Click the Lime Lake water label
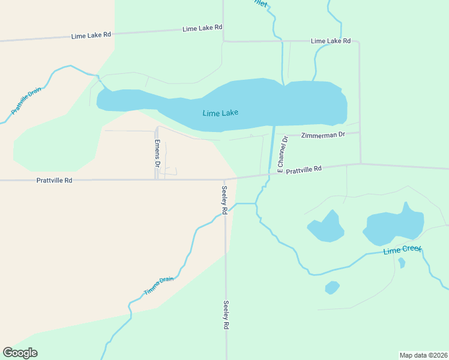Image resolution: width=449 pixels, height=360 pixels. [x=220, y=113]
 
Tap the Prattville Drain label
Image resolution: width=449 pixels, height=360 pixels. [x=26, y=102]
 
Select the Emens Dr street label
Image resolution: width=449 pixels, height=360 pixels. [x=157, y=153]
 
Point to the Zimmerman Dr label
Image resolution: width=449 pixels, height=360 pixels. [x=323, y=135]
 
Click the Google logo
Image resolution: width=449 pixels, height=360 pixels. [x=20, y=353]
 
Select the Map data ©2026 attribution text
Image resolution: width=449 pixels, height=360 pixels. [x=423, y=355]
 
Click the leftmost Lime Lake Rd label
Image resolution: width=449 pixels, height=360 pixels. [x=91, y=35]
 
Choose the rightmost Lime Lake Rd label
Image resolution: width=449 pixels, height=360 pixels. [x=330, y=41]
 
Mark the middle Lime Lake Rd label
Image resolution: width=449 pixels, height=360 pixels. [x=202, y=28]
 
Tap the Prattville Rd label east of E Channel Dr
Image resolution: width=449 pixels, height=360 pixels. [x=304, y=170]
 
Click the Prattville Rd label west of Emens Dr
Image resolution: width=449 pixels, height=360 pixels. [x=54, y=180]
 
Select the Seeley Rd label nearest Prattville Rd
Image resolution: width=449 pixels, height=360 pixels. [x=224, y=200]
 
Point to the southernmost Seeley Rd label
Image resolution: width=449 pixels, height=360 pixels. [x=226, y=315]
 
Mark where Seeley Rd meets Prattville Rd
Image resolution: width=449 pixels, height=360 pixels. [x=224, y=179]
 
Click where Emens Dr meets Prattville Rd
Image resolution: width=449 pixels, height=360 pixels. [x=157, y=179]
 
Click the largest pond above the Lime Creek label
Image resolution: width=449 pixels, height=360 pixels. [x=393, y=227]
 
